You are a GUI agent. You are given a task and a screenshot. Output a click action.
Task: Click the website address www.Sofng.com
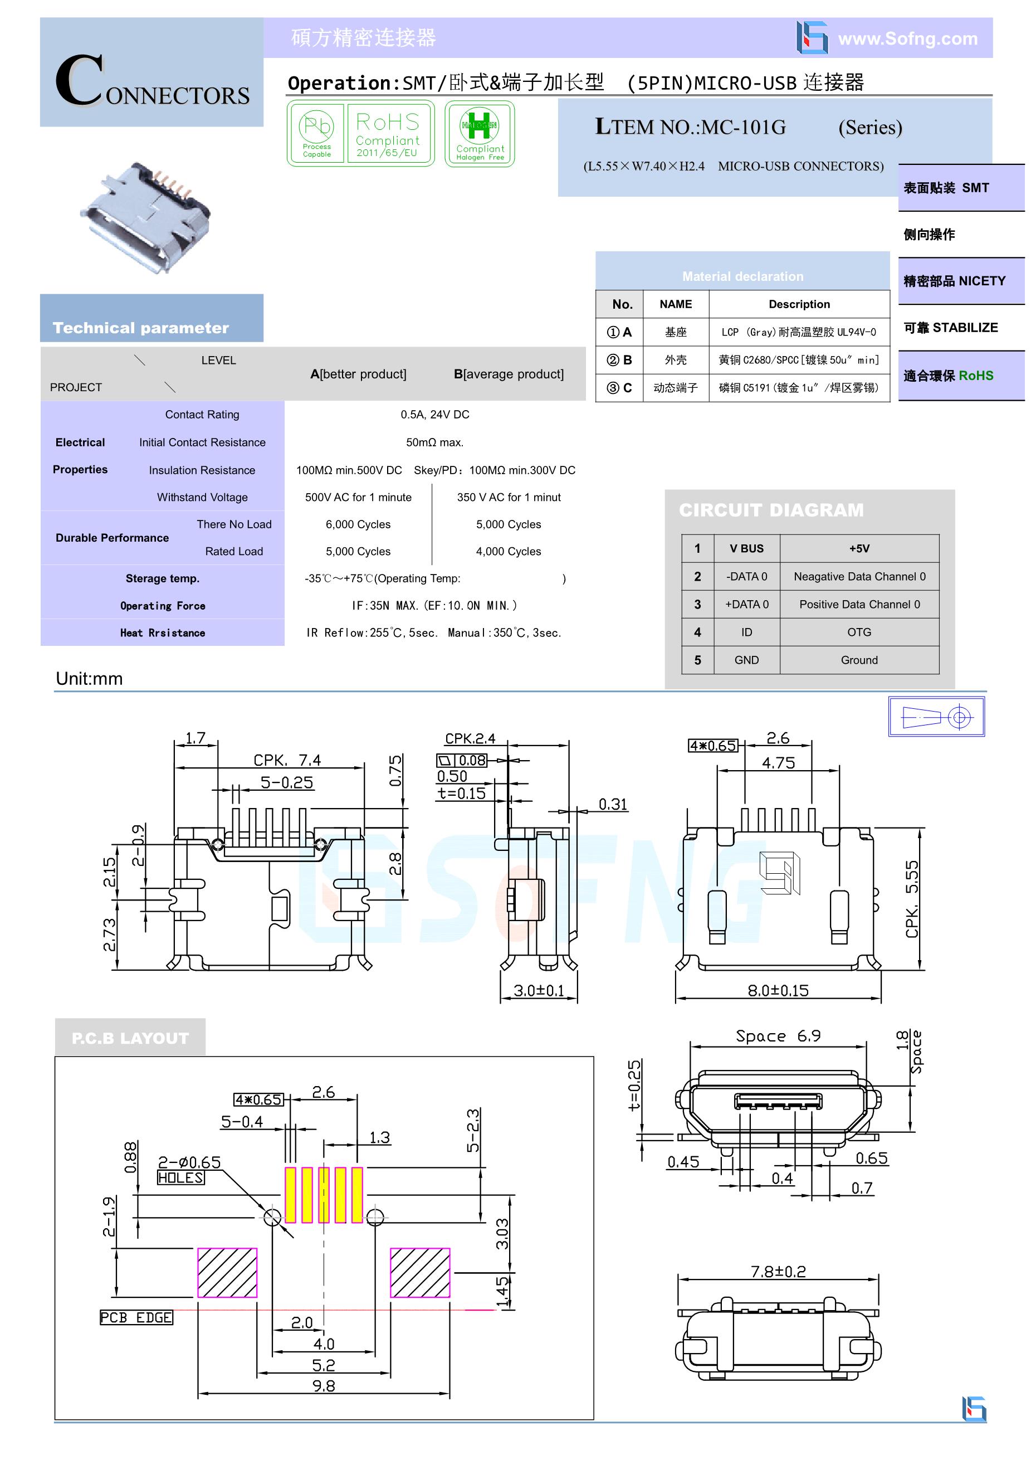coord(908,39)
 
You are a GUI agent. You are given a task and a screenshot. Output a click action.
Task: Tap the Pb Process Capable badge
coord(316,134)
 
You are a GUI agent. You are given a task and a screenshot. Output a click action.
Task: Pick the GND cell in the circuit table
coord(746,660)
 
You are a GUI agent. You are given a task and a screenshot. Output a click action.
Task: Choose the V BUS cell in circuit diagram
coord(746,548)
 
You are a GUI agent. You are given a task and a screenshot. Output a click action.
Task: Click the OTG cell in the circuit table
coord(859,632)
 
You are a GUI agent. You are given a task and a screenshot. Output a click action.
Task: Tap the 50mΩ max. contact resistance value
coord(435,442)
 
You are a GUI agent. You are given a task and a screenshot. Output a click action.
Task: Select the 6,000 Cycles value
coord(358,524)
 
